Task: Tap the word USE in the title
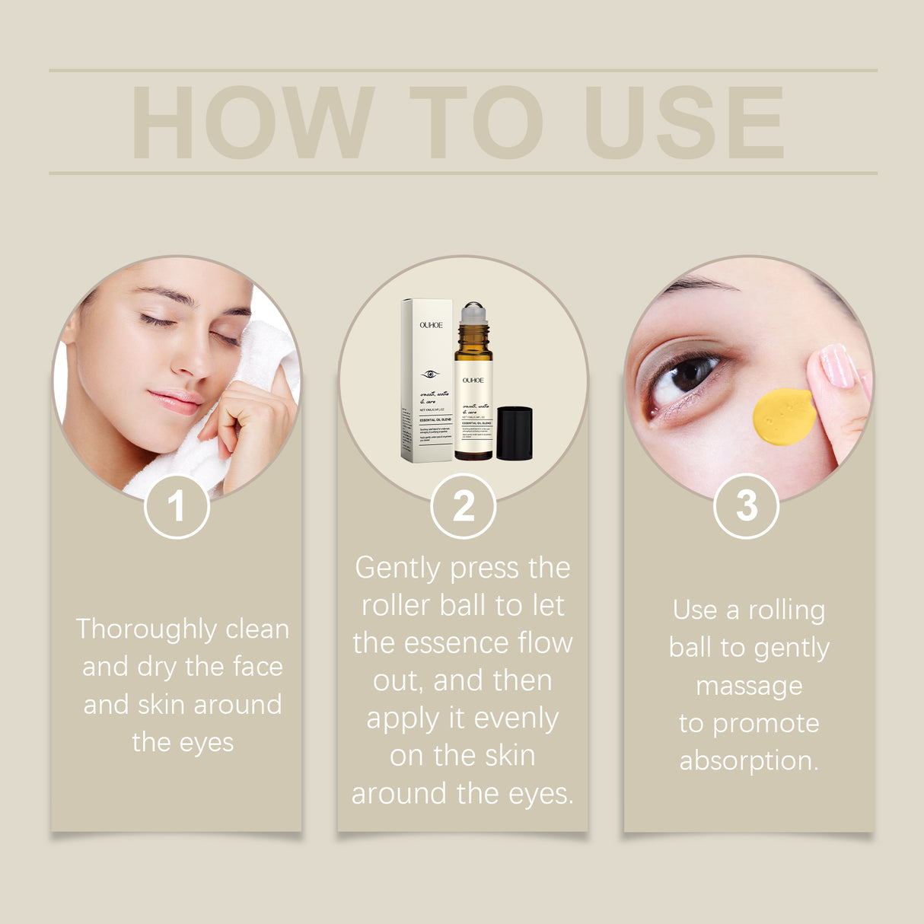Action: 683,123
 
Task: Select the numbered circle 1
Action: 177,506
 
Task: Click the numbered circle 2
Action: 463,506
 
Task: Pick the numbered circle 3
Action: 747,506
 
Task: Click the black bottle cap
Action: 514,433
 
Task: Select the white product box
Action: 427,381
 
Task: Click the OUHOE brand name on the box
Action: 431,325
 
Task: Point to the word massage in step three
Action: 749,686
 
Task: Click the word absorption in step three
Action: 747,760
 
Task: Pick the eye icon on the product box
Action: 430,374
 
